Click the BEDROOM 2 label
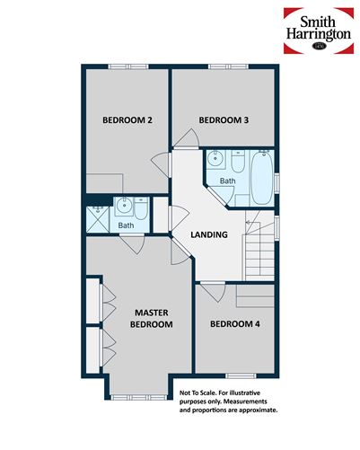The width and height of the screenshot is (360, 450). coord(126,120)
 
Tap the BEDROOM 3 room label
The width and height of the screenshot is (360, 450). coord(223,120)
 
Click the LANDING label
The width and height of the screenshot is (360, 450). coord(209,235)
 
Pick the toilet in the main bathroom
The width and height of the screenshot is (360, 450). coord(237,164)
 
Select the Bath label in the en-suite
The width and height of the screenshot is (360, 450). coord(127,225)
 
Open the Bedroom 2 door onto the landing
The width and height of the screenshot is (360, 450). coord(162,166)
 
